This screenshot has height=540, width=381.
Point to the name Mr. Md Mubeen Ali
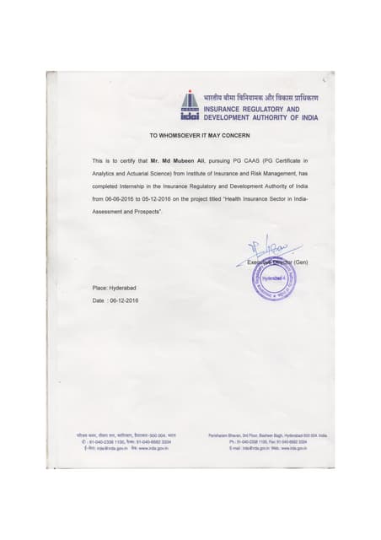[164, 159]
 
